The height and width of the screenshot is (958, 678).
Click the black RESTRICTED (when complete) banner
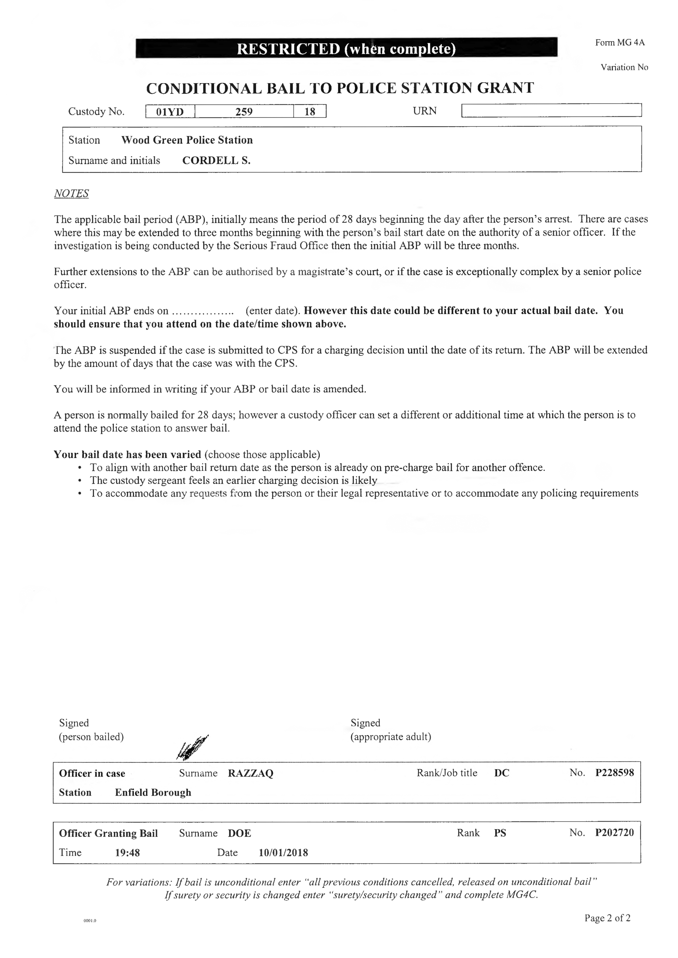click(346, 49)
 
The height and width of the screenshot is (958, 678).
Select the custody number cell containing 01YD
click(170, 112)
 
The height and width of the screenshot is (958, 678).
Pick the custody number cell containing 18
click(310, 112)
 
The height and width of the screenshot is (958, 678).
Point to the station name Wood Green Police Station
click(187, 140)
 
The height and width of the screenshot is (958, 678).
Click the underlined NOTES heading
click(71, 193)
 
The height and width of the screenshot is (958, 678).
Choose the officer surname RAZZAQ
click(250, 773)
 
